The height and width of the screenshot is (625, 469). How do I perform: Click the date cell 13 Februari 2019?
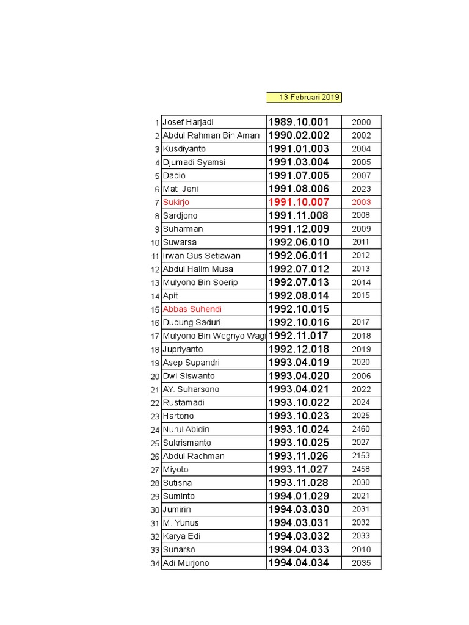[304, 98]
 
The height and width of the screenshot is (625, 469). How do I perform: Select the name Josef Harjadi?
[188, 122]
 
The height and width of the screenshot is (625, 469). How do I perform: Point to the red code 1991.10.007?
[299, 202]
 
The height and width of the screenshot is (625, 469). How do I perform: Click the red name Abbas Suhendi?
[192, 309]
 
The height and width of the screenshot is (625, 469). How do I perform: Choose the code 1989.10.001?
[299, 122]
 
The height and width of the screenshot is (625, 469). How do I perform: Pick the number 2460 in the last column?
[361, 429]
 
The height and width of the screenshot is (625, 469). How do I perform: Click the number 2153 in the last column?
[361, 456]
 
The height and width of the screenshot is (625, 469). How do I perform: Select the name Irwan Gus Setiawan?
[202, 256]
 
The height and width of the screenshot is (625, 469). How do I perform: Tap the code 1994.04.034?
[299, 563]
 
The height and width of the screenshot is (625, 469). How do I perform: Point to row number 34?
[155, 563]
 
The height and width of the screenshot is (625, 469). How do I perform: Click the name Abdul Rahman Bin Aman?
[211, 135]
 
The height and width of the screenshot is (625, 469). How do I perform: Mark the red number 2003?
[361, 202]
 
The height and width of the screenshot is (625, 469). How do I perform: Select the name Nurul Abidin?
[186, 429]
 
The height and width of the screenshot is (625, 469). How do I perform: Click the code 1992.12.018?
[299, 349]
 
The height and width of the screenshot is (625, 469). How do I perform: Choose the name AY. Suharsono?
[191, 389]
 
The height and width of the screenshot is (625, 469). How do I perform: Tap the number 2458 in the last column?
[361, 469]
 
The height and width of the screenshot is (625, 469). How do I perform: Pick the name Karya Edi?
[182, 536]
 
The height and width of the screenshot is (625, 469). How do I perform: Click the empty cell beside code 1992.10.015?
[361, 309]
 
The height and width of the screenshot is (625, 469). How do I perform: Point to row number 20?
[155, 377]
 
